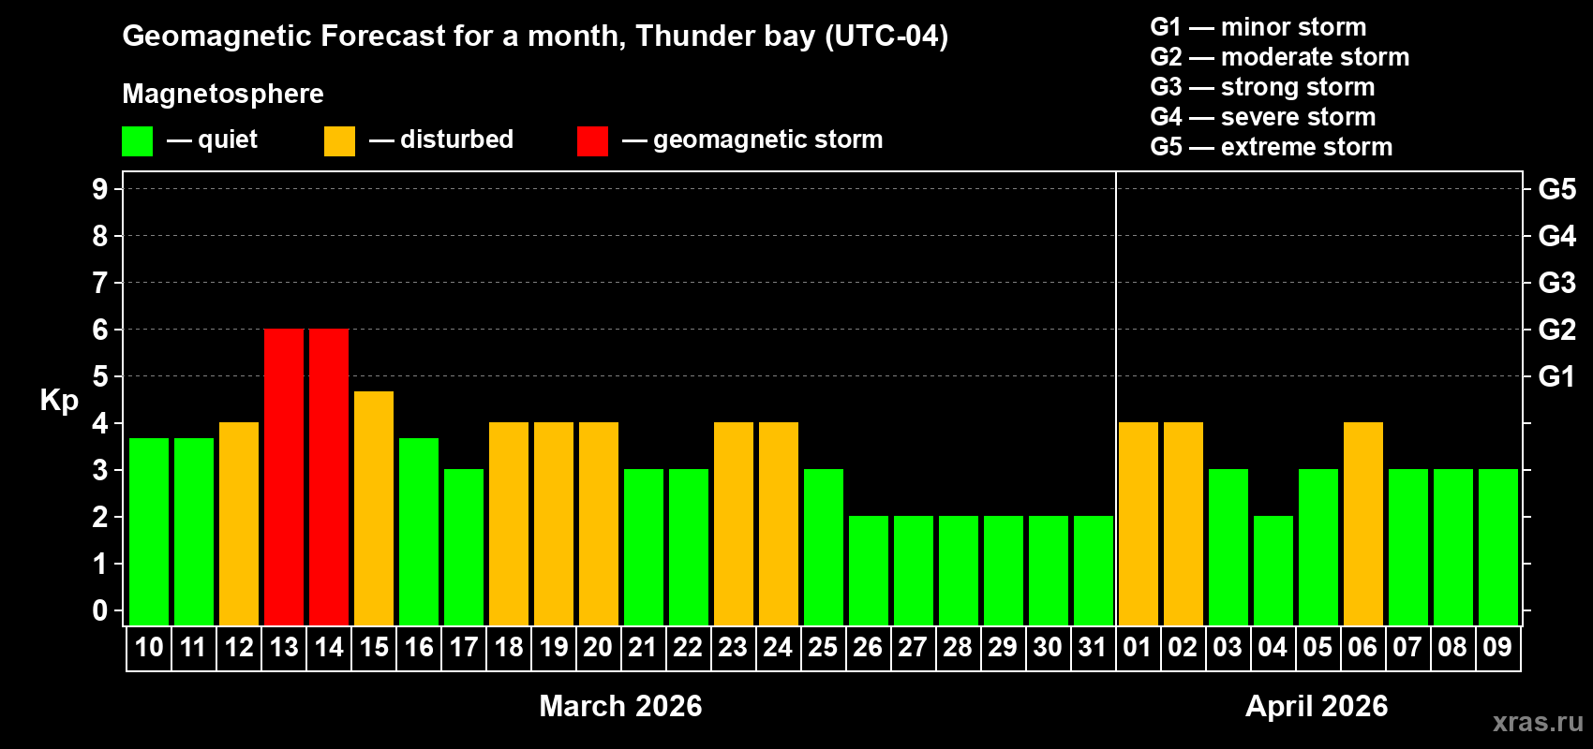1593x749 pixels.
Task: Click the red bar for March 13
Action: point(284,477)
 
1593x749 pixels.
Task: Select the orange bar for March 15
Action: point(374,508)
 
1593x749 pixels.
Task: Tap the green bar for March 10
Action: point(149,532)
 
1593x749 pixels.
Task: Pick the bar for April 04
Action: point(1273,571)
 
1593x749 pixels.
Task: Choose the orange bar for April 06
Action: point(1363,524)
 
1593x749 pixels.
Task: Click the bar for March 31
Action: point(1094,571)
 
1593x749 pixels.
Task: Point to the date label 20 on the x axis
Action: point(598,647)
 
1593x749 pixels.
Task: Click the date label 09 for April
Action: point(1497,647)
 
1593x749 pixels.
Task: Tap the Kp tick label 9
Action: point(100,189)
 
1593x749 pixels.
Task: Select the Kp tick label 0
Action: point(100,610)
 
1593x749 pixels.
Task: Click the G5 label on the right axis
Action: point(1556,189)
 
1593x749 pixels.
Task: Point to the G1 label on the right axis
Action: point(1556,376)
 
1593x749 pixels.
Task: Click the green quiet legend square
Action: point(138,141)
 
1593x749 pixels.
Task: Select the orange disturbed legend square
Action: point(339,141)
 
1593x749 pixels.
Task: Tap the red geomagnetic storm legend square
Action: point(592,141)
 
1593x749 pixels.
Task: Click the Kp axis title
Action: point(59,401)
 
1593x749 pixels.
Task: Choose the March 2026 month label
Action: point(620,706)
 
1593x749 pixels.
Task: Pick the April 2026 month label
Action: point(1317,706)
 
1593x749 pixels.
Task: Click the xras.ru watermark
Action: point(1538,722)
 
